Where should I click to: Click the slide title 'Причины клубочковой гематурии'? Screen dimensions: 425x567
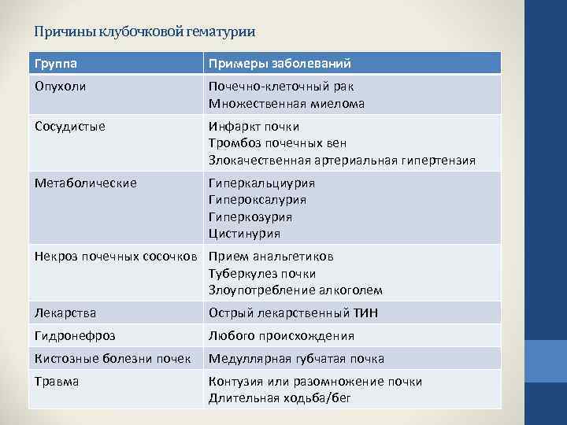click(x=145, y=32)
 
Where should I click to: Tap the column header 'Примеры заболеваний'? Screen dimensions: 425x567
click(x=280, y=63)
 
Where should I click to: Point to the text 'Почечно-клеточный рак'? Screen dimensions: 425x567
click(x=281, y=87)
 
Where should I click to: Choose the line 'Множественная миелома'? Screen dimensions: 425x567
click(x=287, y=103)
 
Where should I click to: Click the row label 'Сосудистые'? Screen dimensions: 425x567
click(x=69, y=126)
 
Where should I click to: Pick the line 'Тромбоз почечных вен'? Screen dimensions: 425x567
click(x=277, y=143)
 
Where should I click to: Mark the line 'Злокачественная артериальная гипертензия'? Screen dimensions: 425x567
click(x=342, y=160)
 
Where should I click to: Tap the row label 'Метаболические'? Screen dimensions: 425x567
click(x=85, y=183)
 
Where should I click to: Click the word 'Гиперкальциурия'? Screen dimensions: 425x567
click(x=261, y=183)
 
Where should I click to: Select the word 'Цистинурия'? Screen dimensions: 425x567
click(x=244, y=234)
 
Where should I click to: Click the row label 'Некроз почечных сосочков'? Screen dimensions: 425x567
click(x=118, y=256)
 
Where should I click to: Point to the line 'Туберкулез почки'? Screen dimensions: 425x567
click(x=262, y=273)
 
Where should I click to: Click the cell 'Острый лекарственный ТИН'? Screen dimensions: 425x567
click(x=293, y=312)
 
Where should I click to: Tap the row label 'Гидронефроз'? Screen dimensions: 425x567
click(x=74, y=335)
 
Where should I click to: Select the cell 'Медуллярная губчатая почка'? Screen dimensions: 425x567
click(x=296, y=358)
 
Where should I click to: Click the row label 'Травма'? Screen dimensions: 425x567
click(x=57, y=381)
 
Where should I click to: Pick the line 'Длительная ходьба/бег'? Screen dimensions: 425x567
click(x=279, y=398)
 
